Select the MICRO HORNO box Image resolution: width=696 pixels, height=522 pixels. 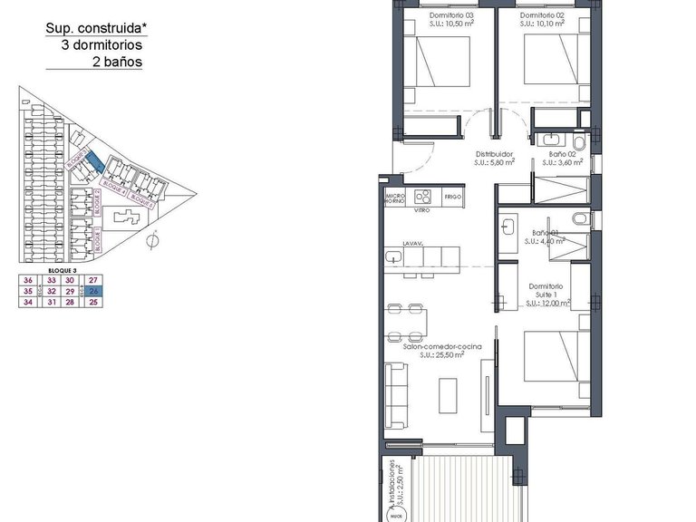394,198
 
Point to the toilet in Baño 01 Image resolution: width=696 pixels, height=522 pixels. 579,217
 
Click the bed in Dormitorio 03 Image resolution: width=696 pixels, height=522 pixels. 442,69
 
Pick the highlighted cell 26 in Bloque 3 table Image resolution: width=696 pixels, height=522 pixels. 93,291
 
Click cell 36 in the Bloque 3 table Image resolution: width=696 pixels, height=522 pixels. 28,280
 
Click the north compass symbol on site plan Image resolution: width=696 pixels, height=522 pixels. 155,239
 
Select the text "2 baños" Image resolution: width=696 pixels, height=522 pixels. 117,63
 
